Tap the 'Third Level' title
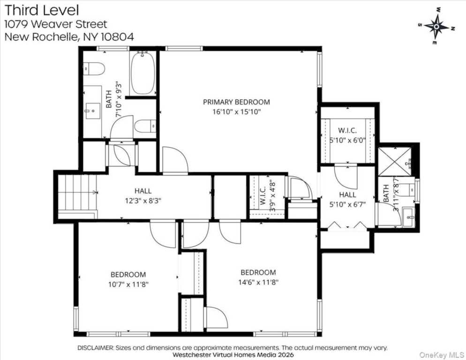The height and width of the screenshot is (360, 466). pyautogui.click(x=42, y=10)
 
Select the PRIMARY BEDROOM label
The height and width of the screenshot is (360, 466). pyautogui.click(x=236, y=102)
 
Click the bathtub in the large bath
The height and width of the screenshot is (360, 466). pyautogui.click(x=143, y=74)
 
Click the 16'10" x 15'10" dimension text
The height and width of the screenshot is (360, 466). pyautogui.click(x=236, y=112)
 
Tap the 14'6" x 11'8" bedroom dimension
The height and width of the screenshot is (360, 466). pyautogui.click(x=258, y=283)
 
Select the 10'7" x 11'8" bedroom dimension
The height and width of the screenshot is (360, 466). pyautogui.click(x=128, y=284)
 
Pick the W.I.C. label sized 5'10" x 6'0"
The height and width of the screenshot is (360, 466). pyautogui.click(x=347, y=129)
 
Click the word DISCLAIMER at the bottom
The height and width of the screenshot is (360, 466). pyautogui.click(x=95, y=348)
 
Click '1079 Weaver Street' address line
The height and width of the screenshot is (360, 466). pyautogui.click(x=56, y=24)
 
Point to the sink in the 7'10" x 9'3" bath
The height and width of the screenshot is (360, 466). pyautogui.click(x=92, y=112)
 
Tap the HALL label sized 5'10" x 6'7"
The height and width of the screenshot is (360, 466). pyautogui.click(x=347, y=194)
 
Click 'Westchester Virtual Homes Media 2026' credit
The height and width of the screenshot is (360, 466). pyautogui.click(x=233, y=355)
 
